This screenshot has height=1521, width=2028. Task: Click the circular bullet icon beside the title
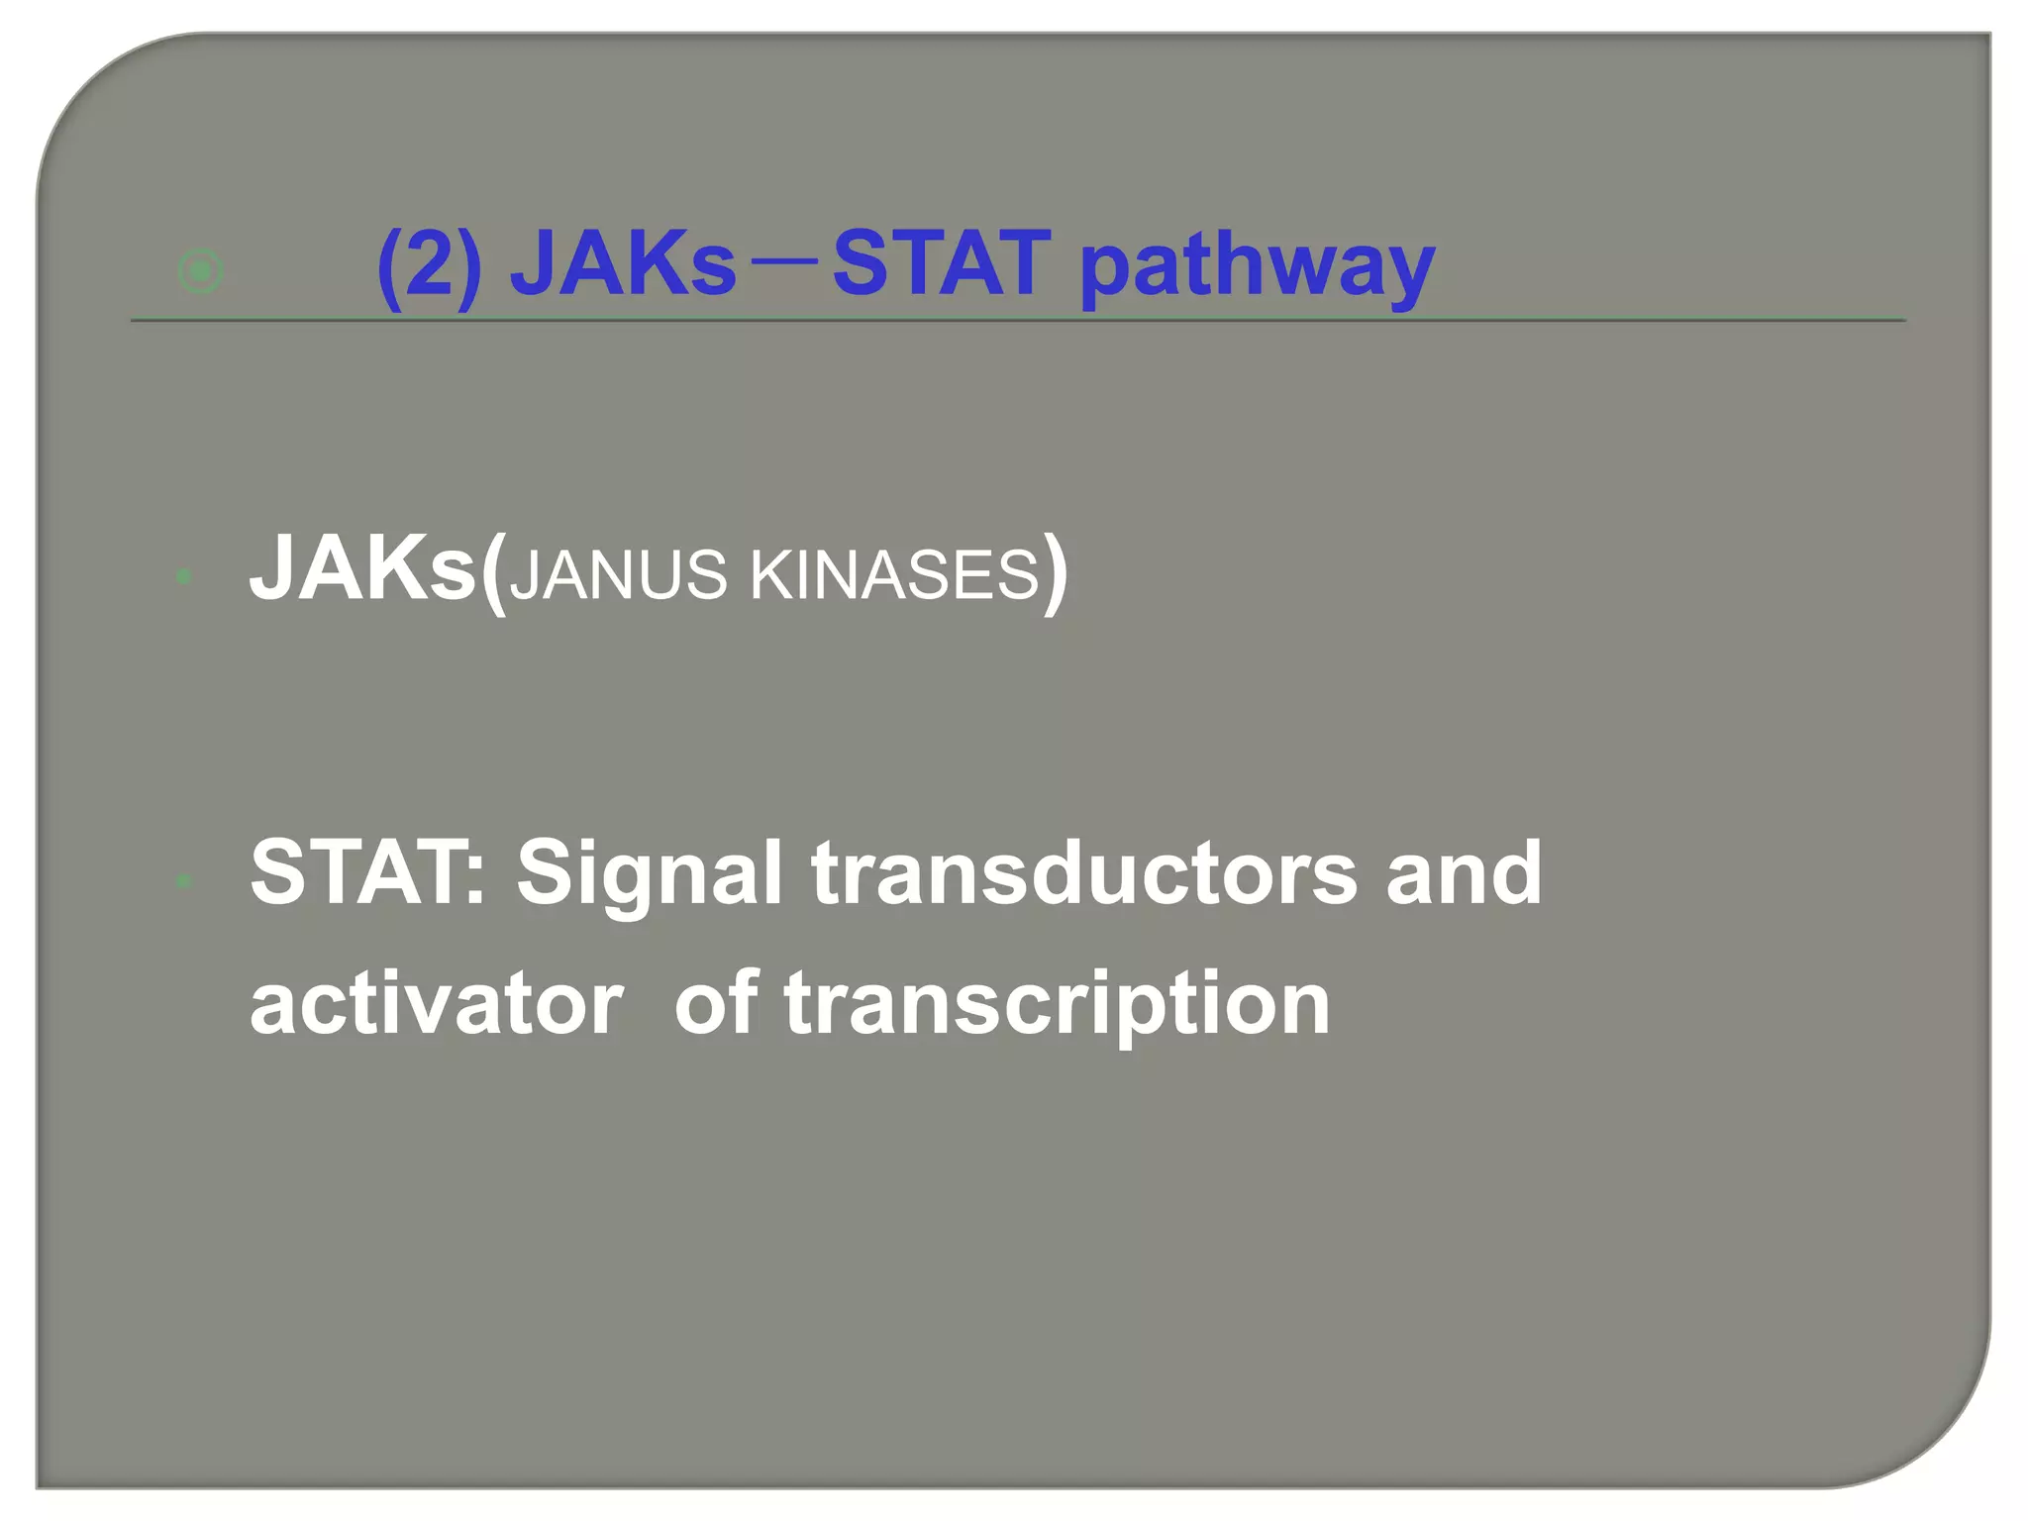point(200,270)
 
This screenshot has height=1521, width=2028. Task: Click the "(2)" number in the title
point(430,264)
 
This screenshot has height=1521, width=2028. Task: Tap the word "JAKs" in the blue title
point(623,264)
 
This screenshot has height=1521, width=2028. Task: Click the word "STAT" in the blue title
point(941,264)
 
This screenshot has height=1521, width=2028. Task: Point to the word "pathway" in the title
point(1257,267)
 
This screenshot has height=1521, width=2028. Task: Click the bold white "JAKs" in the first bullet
point(361,569)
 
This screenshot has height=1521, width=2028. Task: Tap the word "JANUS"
point(619,575)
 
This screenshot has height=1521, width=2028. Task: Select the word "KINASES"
point(894,575)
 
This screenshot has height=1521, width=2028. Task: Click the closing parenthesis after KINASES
point(1056,572)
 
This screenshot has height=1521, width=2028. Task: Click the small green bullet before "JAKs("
point(183,575)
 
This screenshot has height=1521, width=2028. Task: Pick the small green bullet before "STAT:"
point(183,879)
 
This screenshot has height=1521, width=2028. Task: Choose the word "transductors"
point(1084,873)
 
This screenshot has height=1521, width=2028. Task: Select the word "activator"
point(437,1004)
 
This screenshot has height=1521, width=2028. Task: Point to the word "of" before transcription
point(716,1004)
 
